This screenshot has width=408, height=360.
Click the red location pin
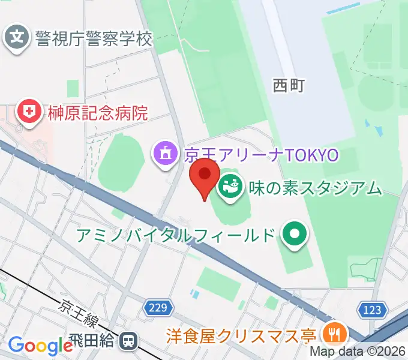click(205, 176)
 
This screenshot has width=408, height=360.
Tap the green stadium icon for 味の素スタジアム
click(229, 188)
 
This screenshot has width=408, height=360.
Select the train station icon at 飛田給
click(127, 341)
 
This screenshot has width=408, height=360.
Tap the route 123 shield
click(372, 310)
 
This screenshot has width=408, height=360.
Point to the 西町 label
click(289, 86)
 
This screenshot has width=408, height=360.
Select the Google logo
click(40, 346)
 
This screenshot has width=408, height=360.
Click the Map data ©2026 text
click(358, 352)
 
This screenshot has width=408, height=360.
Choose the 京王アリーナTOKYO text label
click(262, 155)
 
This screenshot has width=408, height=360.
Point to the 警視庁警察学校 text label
click(94, 40)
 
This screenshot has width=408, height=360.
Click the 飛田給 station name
click(97, 341)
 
